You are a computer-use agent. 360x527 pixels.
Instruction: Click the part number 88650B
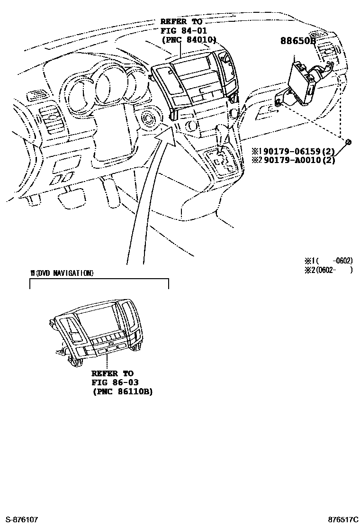(297, 41)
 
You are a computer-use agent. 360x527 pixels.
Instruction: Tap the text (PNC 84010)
(189, 40)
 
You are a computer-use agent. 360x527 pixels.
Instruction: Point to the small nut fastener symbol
(348, 142)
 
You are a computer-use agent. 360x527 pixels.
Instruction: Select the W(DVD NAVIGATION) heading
(62, 273)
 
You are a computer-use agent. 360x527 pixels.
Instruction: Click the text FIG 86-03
(112, 382)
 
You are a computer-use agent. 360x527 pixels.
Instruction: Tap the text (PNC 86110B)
(122, 391)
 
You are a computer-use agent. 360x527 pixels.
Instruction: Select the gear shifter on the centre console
(221, 156)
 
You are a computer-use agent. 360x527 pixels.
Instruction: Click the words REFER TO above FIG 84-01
(181, 22)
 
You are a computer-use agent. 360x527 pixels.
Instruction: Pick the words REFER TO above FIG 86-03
(112, 373)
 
